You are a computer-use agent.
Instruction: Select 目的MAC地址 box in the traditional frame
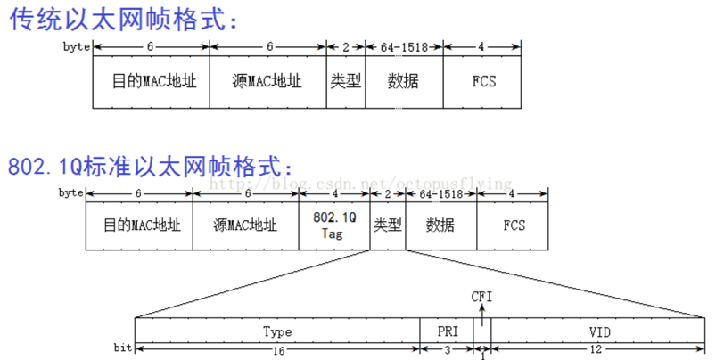pos(151,82)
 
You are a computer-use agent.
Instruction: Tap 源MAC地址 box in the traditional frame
pos(267,82)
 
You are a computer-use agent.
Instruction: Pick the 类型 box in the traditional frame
pos(345,82)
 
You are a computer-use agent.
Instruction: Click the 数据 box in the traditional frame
pos(403,82)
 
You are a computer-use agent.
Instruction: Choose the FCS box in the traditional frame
pos(484,82)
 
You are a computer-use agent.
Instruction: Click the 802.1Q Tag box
pos(334,225)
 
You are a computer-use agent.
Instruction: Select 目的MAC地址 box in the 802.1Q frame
pos(138,225)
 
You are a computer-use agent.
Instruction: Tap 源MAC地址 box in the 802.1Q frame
pos(245,225)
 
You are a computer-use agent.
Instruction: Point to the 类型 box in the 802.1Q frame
pos(388,225)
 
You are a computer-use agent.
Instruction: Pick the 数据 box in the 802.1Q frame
pos(440,225)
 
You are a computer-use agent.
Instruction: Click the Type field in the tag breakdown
pos(277,331)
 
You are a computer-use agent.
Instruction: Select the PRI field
pos(447,331)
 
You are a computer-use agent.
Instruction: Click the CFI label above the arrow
pos(481,295)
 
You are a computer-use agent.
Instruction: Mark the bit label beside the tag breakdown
pos(123,347)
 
